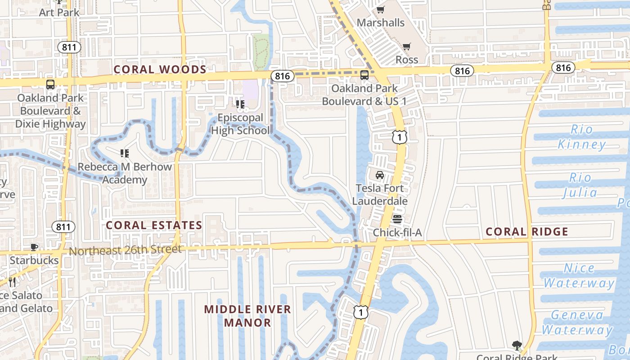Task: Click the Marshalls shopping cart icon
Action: [x=380, y=9]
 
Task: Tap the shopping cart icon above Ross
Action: [x=407, y=46]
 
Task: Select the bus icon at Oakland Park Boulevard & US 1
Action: [x=364, y=75]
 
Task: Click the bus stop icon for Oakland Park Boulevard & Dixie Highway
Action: [x=50, y=84]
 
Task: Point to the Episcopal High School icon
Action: [x=240, y=104]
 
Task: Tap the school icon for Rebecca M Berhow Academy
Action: [x=125, y=153]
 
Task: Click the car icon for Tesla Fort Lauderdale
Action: [x=380, y=175]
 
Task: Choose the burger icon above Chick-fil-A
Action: [x=397, y=219]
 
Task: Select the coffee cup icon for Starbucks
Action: [x=34, y=247]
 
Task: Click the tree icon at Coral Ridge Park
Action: [x=517, y=346]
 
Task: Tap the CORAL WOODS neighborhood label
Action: [x=160, y=70]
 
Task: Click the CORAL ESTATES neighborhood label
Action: [x=154, y=225]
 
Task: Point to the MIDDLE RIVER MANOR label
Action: [x=247, y=316]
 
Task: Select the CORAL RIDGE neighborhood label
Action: [x=527, y=232]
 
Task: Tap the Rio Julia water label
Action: [x=580, y=185]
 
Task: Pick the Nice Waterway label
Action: [x=579, y=276]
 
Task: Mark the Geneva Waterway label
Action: [x=577, y=323]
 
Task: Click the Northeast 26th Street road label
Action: [x=126, y=250]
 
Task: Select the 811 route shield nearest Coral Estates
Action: [x=63, y=227]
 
